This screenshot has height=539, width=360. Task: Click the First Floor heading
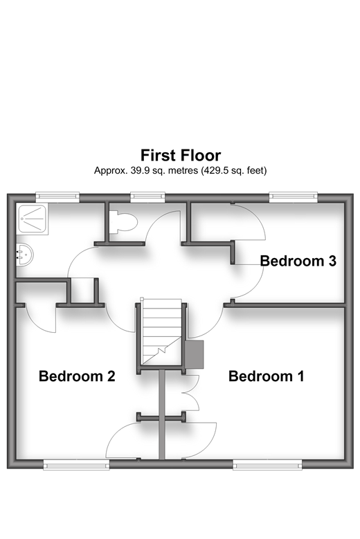coord(181,156)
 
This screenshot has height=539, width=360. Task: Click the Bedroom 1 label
coord(266,376)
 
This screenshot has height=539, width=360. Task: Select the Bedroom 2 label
coord(77,376)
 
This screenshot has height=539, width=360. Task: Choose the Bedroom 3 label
coord(298,261)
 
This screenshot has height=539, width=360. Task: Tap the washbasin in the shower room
coord(24,255)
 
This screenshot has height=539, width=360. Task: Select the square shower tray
coord(33,219)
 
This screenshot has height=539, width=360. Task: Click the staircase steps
coord(161,332)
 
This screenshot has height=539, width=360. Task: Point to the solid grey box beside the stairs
coord(195,355)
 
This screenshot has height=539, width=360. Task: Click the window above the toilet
coord(148,197)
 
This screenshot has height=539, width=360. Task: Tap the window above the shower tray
coord(57,197)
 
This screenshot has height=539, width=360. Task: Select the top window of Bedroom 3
coord(294,197)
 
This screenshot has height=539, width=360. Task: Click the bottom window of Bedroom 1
coord(267,466)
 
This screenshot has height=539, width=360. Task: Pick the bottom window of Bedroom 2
coord(76,466)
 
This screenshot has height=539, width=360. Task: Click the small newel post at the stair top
coord(142,300)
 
